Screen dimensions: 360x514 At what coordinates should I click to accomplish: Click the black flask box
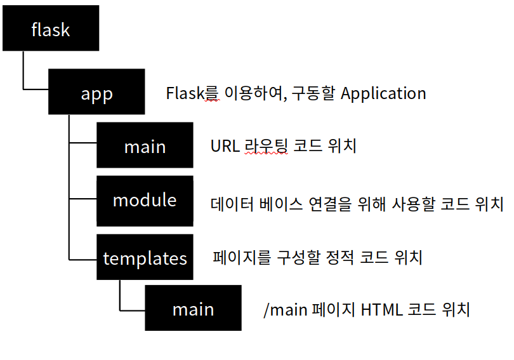click(x=51, y=29)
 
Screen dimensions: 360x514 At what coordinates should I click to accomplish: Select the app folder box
click(x=96, y=93)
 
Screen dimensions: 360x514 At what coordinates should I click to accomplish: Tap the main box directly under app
click(x=145, y=145)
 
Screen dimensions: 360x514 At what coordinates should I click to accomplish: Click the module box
click(x=145, y=200)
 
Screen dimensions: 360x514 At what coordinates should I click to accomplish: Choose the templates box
click(x=145, y=258)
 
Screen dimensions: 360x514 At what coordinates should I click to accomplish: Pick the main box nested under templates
click(x=193, y=309)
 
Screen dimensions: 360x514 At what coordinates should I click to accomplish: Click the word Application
click(x=383, y=93)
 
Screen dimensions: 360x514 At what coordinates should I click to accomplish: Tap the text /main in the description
click(x=284, y=310)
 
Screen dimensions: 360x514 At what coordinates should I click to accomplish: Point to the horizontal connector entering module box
click(x=82, y=199)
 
